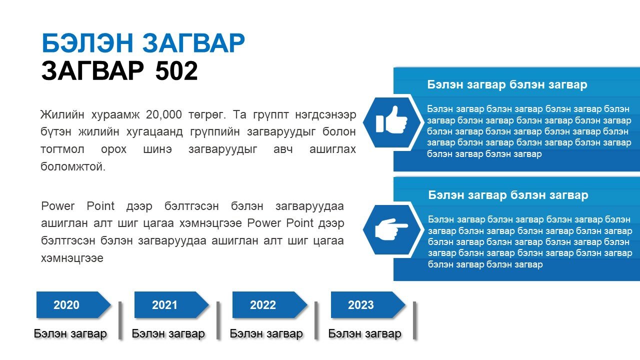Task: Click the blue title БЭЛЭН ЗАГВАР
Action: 143,43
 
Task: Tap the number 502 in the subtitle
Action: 176,70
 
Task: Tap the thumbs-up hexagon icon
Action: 391,122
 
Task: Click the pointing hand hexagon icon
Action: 391,229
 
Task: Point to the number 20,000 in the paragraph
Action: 163,115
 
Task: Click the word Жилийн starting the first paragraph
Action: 62,115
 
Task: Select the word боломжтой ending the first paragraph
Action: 73,166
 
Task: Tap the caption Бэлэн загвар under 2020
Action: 70,333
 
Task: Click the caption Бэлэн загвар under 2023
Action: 364,333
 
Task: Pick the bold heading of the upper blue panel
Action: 507,85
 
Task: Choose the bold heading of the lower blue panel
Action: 508,195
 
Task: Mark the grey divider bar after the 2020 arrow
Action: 120,320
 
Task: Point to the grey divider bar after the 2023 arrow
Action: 414,320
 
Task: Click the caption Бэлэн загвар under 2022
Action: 266,333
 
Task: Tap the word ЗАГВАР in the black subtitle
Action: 92,70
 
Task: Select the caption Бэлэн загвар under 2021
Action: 168,333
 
